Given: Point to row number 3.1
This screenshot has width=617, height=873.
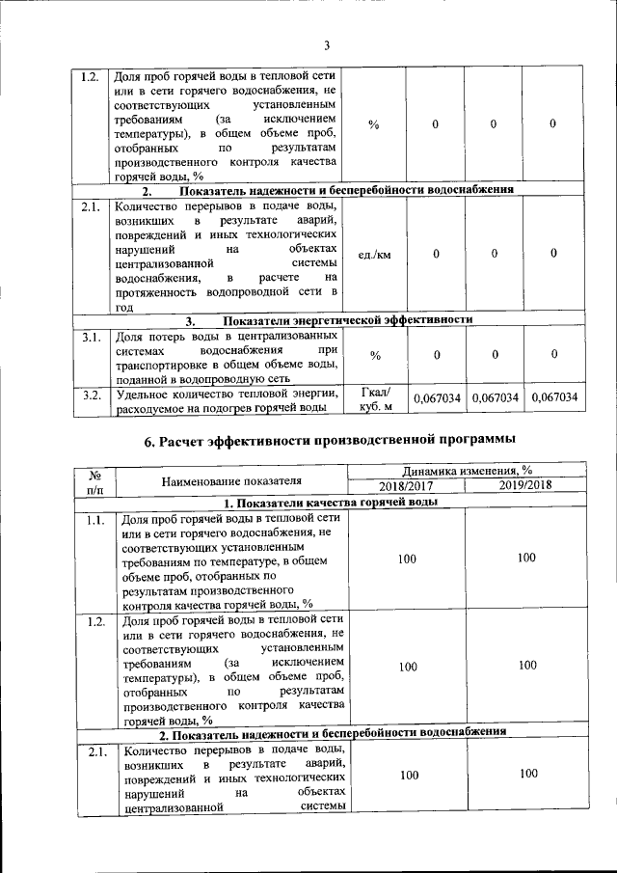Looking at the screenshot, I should (92, 338).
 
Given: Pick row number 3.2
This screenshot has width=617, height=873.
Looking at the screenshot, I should (92, 394).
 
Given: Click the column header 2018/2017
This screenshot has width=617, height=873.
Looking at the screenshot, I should (406, 485).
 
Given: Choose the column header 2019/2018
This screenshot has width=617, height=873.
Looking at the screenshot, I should (525, 485).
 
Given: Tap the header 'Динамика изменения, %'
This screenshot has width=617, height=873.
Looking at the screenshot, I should (467, 470).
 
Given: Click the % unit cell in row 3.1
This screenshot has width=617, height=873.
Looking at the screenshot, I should (375, 356).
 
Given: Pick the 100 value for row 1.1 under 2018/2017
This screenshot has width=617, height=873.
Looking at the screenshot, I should (408, 559).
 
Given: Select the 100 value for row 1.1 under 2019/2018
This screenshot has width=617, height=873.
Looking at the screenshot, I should (525, 559).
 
